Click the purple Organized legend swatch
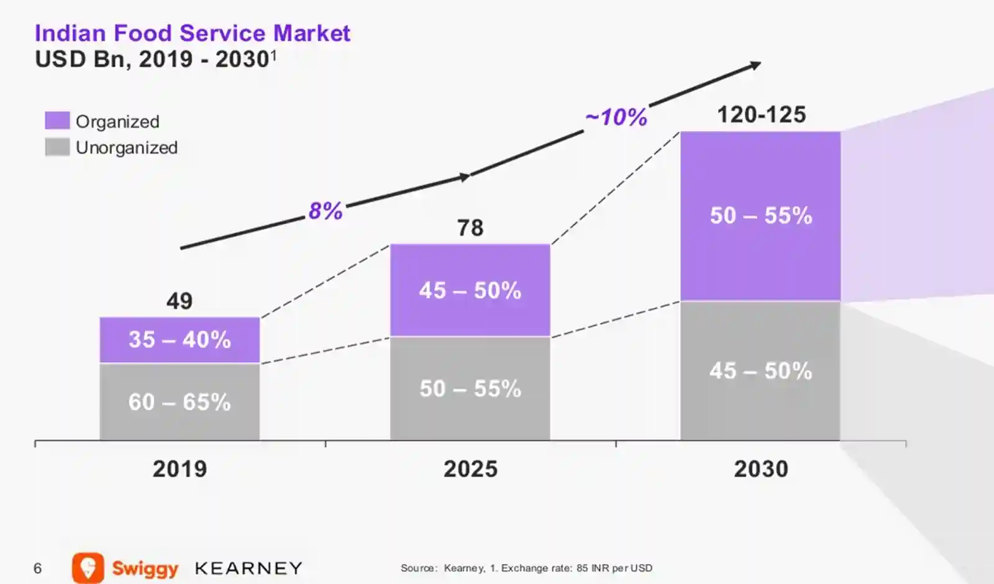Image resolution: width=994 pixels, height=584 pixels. pos(57,121)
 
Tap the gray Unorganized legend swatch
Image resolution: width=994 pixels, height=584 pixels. pos(57,147)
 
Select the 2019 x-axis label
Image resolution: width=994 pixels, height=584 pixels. pos(180,469)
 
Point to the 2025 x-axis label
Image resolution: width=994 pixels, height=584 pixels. pos(470,469)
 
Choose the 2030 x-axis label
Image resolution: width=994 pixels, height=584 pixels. pos(761,469)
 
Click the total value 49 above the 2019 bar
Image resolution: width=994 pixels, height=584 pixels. pos(180,301)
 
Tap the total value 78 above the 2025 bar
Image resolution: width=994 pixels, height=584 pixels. pos(470,228)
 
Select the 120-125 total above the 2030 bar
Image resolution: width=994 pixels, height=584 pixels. pos(762,115)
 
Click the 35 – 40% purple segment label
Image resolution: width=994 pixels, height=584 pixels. pos(180,340)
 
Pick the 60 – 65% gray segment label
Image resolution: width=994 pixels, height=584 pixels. pos(180,402)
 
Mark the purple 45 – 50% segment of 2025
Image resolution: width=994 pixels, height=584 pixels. pos(470,290)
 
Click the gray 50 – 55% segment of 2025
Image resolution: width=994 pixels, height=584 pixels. pos(470,389)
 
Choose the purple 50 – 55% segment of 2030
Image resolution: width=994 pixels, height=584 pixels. pos(761,216)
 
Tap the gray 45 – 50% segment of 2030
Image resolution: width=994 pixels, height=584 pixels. pos(761,371)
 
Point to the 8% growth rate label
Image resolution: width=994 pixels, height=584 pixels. pos(326,211)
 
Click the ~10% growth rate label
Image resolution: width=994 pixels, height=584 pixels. pos(616,117)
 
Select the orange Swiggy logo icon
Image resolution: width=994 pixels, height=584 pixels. pos(88,567)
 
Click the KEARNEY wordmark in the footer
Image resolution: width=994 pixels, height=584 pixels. pos(248,568)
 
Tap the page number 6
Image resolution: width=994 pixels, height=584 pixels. pos(38,568)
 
